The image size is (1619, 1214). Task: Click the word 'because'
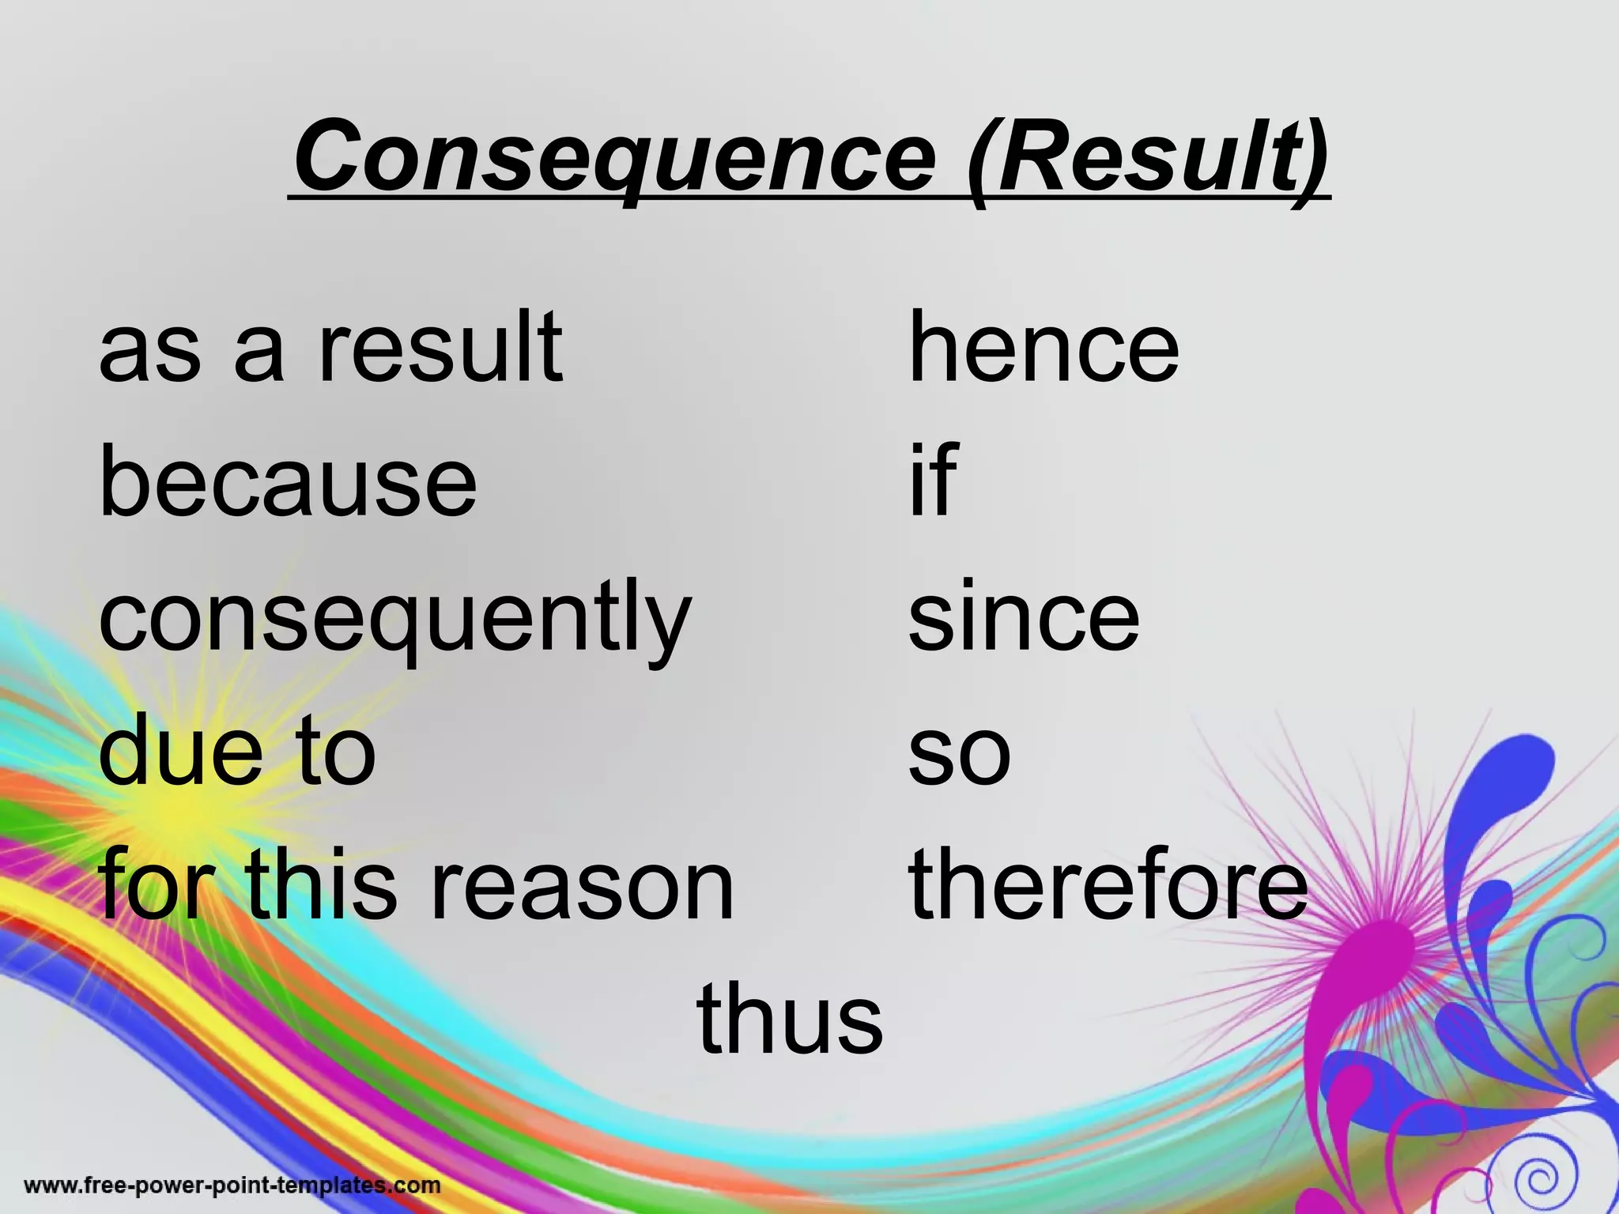(x=288, y=482)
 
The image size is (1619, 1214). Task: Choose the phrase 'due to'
(x=237, y=751)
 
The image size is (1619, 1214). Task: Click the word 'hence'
(x=1043, y=348)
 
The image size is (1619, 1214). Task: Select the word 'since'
(x=1024, y=616)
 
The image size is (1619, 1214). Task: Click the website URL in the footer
(x=232, y=1186)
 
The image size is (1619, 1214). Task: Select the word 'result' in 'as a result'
(x=440, y=348)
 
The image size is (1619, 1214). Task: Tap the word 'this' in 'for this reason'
(x=320, y=885)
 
